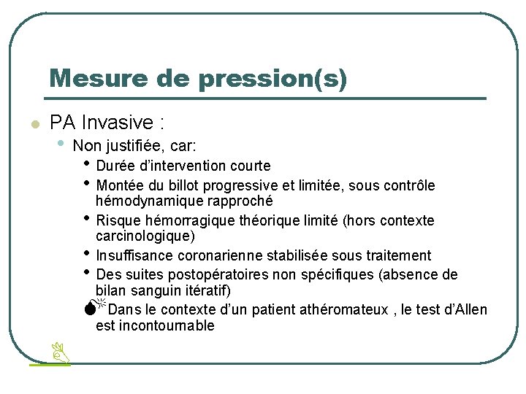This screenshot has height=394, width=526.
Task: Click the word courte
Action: point(251,166)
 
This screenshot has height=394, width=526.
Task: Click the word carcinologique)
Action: point(145,236)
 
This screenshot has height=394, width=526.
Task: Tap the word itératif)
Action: point(205,290)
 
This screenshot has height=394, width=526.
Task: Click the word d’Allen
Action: point(465,310)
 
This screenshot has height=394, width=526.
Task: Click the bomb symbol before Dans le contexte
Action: point(89,308)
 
